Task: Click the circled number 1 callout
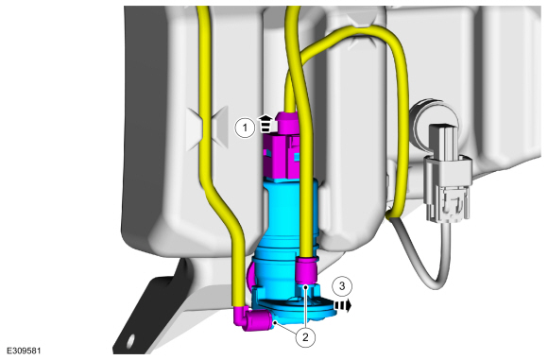click(245, 128)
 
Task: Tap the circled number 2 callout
click(305, 337)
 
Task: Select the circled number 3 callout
click(342, 286)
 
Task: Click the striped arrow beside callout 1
click(265, 124)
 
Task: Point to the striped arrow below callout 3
click(343, 305)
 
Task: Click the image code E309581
click(24, 351)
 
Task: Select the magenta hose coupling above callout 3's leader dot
click(306, 268)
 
